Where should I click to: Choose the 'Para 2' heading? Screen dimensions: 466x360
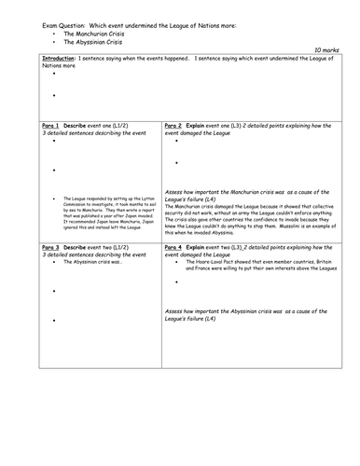coord(177,125)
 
